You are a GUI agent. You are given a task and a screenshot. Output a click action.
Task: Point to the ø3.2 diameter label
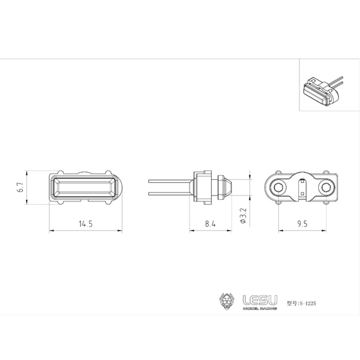[x=243, y=216]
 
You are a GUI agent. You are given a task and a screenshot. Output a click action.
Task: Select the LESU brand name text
[x=260, y=299]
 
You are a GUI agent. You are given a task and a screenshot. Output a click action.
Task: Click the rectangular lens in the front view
[x=85, y=187]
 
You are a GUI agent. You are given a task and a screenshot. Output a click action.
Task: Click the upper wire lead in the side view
[x=169, y=180]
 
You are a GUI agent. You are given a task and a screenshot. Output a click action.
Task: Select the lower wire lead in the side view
[x=169, y=194]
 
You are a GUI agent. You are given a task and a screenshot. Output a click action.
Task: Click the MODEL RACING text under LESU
[x=260, y=308]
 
